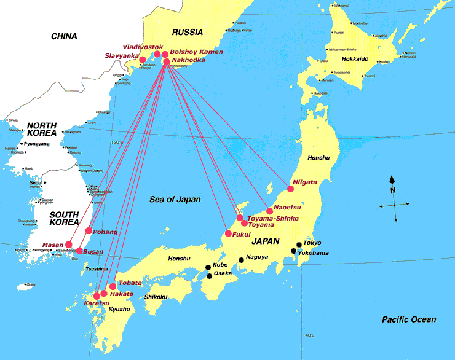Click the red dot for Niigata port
[x=290, y=189]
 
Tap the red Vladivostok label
[x=143, y=47]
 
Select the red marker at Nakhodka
[x=166, y=61]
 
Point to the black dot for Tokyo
[x=299, y=244]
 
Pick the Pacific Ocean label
[x=408, y=319]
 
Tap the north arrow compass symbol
[x=392, y=198]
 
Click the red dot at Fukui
[x=228, y=233]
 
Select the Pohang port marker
[x=89, y=231]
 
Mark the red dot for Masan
[x=69, y=245]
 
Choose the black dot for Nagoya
[x=241, y=260]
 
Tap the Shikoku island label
[x=156, y=297]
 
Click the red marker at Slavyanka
[x=143, y=60]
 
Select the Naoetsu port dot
[x=269, y=211]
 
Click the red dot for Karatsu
[x=97, y=296]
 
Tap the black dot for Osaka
[x=209, y=276]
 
